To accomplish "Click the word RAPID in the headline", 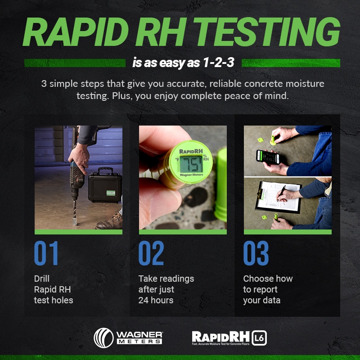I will [x=79, y=33].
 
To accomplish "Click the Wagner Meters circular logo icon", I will [x=103, y=337].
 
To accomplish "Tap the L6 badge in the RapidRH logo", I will [x=259, y=337].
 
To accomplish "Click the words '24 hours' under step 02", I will [x=156, y=300].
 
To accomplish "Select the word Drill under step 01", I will [x=42, y=279].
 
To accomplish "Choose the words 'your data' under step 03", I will [x=261, y=300].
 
